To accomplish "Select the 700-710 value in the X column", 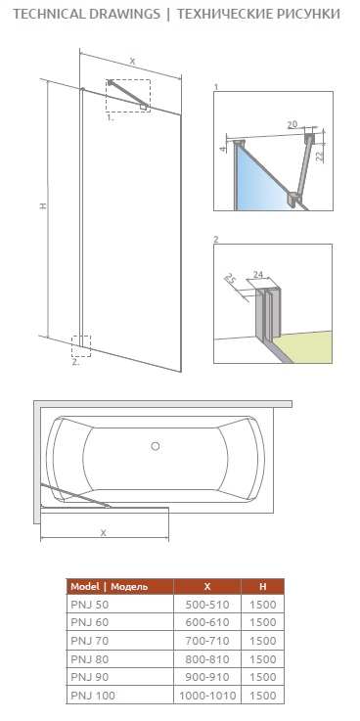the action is click(x=206, y=641).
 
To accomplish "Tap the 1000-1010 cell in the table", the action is click(x=206, y=696).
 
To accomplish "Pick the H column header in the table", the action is click(x=262, y=586).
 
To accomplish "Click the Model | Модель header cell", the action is click(x=110, y=587).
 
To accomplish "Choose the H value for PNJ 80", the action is click(x=262, y=659).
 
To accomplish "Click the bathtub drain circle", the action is click(x=156, y=445).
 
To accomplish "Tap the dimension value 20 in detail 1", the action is click(x=292, y=124).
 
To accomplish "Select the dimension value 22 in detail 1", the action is click(x=320, y=156).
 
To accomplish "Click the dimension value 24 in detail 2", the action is click(x=258, y=275).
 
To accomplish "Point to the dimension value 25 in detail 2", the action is click(x=231, y=279).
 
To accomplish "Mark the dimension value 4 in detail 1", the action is click(x=222, y=149).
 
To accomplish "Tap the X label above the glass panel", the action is click(x=132, y=61).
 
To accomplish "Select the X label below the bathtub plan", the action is click(x=104, y=532).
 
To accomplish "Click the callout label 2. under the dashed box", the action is click(x=76, y=361).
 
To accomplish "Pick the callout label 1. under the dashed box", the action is click(x=111, y=117).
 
